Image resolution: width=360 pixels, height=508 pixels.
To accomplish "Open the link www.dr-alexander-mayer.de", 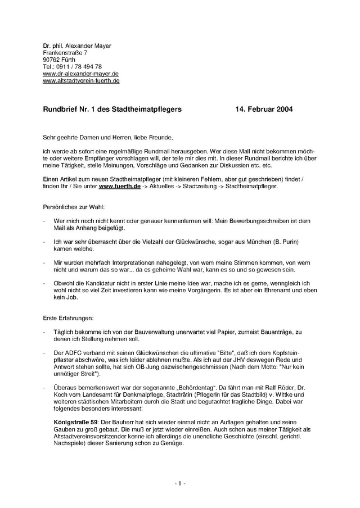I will coord(80,74).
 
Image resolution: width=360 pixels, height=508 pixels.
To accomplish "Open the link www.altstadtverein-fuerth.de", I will coord(81,81).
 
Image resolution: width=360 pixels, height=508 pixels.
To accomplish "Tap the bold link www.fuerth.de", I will coord(119,185).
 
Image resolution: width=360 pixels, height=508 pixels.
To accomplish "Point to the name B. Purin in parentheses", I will coord(283,241).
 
